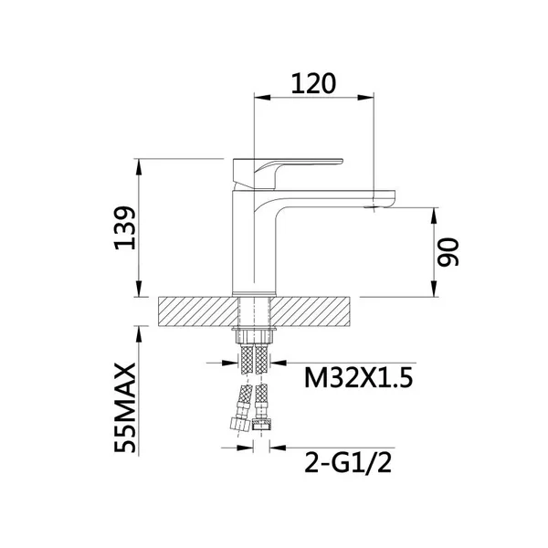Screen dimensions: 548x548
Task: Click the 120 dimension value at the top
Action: point(313,84)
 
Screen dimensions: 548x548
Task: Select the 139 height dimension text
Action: point(125,228)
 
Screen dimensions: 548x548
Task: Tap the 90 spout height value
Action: point(448,252)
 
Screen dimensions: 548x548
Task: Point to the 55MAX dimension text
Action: point(125,408)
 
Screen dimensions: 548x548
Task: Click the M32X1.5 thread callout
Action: point(359,377)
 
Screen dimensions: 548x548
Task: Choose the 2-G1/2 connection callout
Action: point(348,462)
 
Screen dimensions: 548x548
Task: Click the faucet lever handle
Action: point(288,174)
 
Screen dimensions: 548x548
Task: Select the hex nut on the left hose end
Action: point(239,425)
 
